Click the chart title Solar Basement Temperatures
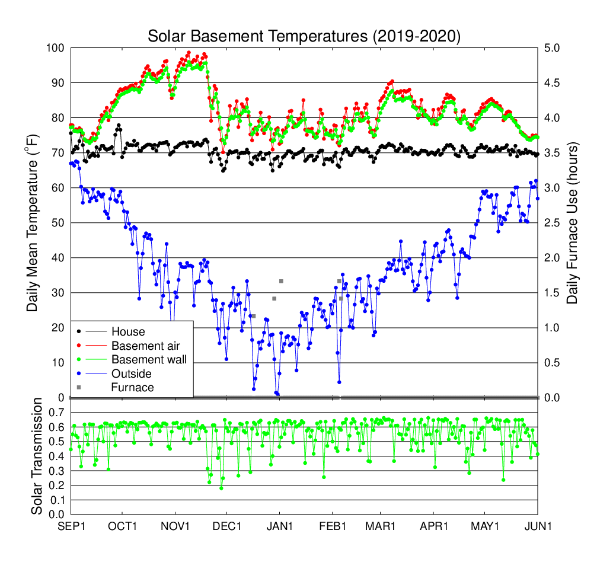coord(304,36)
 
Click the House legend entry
coord(128,331)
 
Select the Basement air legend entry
coord(145,346)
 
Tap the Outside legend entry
coord(131,373)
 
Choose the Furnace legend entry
coord(133,388)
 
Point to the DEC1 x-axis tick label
coord(226,525)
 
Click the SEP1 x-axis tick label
coord(71,525)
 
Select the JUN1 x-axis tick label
coord(538,525)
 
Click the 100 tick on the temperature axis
coord(56,48)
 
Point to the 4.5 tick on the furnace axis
coord(553,83)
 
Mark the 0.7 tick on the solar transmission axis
coord(56,412)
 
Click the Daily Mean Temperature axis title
coord(34,222)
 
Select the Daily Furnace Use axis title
coord(573,222)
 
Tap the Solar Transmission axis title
coord(37,456)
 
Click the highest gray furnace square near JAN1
coord(281,281)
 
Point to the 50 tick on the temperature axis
coord(59,223)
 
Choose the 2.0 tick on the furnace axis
coord(553,258)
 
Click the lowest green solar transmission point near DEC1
coord(221,488)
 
